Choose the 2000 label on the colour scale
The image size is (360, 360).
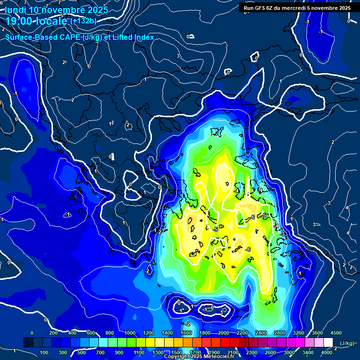coord(224,333)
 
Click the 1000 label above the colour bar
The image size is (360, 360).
coord(128,333)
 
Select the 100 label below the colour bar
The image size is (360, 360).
coord(45,352)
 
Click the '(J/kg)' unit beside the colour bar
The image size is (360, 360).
coord(346,344)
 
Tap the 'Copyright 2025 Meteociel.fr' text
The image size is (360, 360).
coord(199,357)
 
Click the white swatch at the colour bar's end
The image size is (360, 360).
coord(328,342)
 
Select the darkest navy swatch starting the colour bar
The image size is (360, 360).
coord(28,342)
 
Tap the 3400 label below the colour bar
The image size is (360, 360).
coord(308,352)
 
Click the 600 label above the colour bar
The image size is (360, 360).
coord(91,333)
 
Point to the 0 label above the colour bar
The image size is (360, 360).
coord(32,333)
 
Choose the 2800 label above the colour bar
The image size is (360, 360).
coord(280,333)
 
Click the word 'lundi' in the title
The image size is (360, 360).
coord(15,10)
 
